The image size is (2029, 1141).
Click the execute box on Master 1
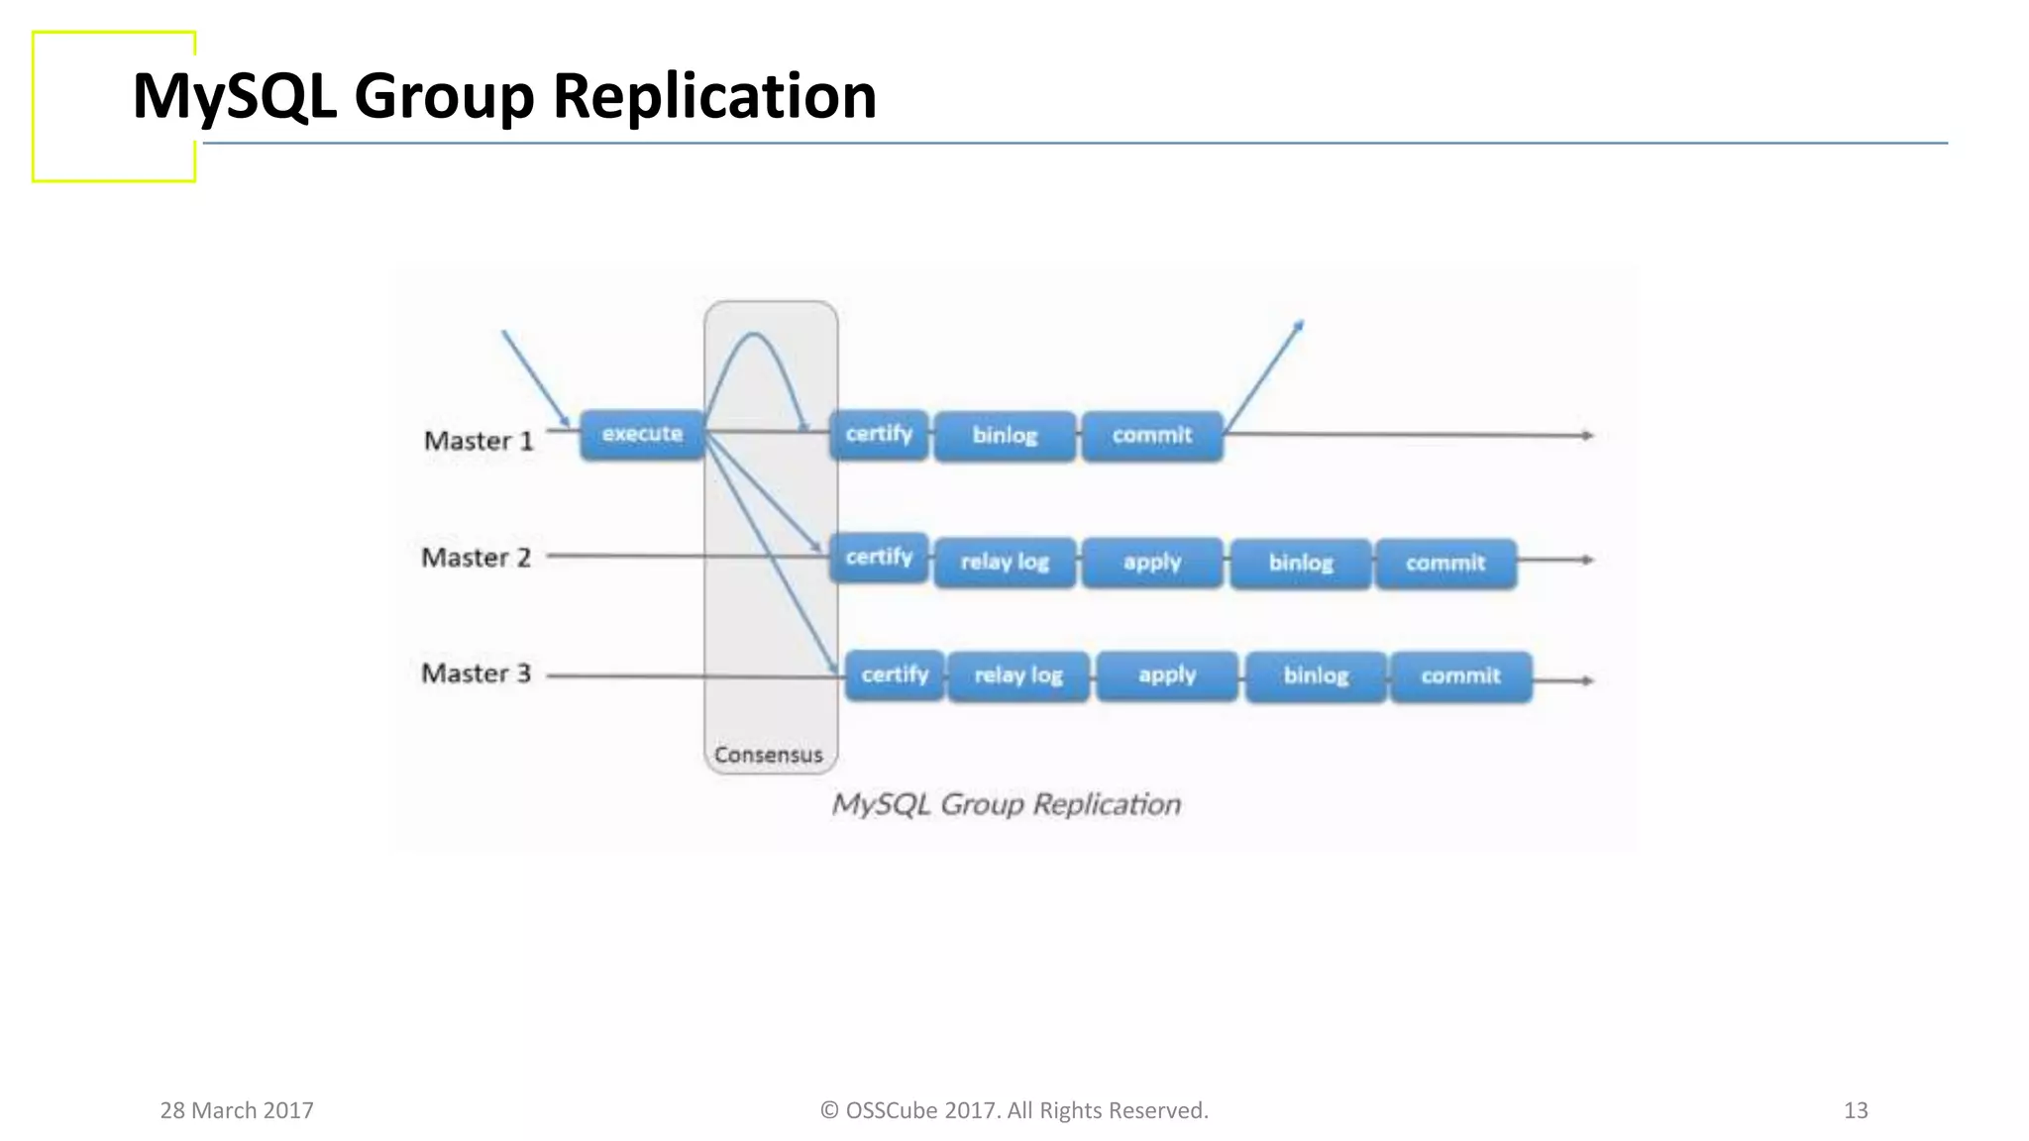click(642, 435)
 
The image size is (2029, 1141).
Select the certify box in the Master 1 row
click(879, 435)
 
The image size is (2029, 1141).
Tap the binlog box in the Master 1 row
click(1005, 436)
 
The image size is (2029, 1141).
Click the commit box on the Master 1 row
click(1151, 436)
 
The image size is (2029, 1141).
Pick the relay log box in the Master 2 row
click(1005, 563)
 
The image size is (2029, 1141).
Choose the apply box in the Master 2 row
click(1152, 563)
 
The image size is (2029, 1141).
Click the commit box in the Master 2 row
click(1445, 564)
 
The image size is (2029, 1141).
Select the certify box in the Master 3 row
click(894, 675)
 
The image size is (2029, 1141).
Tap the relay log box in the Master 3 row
click(1018, 676)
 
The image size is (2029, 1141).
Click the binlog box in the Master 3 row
click(1316, 676)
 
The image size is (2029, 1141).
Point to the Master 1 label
click(479, 441)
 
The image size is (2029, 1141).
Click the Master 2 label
click(477, 558)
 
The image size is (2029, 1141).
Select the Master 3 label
click(477, 674)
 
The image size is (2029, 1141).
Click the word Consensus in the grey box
click(769, 755)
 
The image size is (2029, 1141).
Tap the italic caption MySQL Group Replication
click(1006, 804)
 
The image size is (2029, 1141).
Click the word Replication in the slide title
click(713, 96)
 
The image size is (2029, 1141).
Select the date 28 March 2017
click(237, 1110)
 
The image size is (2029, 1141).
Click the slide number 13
click(1856, 1110)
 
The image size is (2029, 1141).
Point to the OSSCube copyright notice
click(1014, 1110)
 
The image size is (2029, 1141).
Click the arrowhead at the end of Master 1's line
click(1587, 436)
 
